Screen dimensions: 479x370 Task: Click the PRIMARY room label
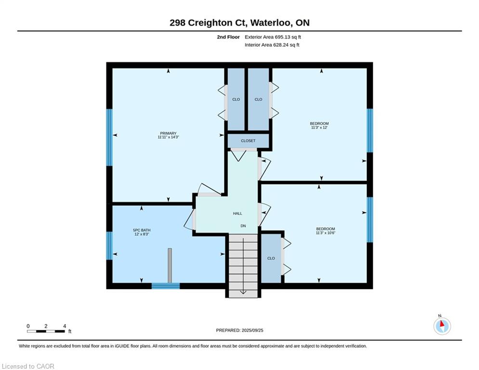coord(168,133)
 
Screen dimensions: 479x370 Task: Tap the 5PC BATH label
coord(142,230)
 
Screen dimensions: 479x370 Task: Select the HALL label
coord(237,213)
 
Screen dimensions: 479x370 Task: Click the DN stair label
coord(243,226)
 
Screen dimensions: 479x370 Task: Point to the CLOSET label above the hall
coord(248,141)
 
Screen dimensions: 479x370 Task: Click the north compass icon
coord(442,326)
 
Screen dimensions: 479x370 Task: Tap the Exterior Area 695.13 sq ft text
coord(273,37)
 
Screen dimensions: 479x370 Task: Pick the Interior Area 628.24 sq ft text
coord(272,45)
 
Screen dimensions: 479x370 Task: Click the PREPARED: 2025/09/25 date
coord(240,330)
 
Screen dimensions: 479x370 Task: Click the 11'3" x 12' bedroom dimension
coord(319,128)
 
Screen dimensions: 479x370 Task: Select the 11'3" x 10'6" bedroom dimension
coord(325,233)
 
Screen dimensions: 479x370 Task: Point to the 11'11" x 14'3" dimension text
coord(168,137)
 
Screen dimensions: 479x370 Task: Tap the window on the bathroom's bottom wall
coord(166,286)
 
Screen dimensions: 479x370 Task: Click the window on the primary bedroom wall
coord(109,137)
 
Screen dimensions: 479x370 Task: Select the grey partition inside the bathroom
coord(170,265)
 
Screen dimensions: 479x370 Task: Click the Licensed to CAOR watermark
coord(28,366)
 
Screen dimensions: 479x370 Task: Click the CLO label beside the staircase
coord(271,258)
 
